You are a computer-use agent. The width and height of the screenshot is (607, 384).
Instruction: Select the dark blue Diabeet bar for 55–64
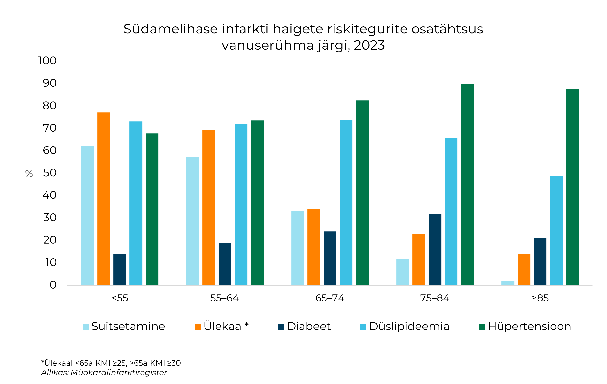(x=225, y=264)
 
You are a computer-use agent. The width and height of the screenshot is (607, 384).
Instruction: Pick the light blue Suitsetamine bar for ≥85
(x=508, y=283)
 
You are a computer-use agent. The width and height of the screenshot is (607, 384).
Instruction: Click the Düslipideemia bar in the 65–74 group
(x=346, y=203)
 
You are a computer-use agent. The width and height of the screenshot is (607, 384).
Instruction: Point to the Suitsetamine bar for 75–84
(x=402, y=272)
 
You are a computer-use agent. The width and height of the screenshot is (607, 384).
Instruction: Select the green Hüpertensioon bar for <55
(x=152, y=209)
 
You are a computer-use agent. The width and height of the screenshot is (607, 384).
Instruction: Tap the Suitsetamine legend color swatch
(x=85, y=327)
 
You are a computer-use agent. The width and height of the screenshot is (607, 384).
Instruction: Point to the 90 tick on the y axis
(x=50, y=83)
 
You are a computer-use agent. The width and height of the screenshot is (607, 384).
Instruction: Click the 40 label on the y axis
(x=50, y=195)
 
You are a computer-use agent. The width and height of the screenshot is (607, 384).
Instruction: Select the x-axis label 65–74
(x=330, y=298)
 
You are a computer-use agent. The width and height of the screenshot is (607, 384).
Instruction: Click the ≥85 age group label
(x=540, y=298)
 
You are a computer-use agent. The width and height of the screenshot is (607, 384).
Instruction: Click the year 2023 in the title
(x=369, y=45)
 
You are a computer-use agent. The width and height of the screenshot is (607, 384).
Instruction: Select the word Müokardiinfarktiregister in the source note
(x=119, y=372)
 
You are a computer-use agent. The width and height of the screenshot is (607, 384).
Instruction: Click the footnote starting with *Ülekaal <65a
(x=111, y=363)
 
